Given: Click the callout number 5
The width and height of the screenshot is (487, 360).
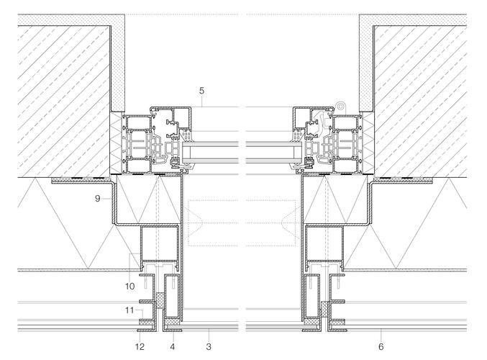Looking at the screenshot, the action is coord(202,91).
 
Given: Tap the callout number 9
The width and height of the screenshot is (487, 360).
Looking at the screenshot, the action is coord(98,198).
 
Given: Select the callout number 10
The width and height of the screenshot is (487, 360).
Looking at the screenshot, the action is coord(129,286).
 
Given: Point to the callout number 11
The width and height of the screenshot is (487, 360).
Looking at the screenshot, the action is coord(129,310).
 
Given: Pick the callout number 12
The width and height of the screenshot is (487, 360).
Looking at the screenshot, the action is coord(140,346).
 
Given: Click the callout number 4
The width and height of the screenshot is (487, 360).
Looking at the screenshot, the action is coord(173,346).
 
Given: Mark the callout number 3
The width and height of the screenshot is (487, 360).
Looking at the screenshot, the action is coord(209,346).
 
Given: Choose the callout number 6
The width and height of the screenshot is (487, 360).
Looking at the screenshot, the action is coord(381,346).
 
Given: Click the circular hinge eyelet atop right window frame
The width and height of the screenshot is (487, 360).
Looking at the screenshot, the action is coord(340,106).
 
